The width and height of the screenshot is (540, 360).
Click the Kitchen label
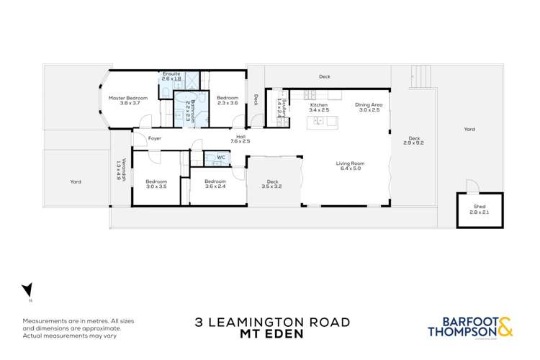[318, 108]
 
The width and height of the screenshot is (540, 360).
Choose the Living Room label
[348, 166]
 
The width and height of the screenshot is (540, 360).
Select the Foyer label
[155, 138]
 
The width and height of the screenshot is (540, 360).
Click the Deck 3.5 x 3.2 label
[272, 184]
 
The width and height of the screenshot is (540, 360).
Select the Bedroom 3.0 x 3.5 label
[156, 184]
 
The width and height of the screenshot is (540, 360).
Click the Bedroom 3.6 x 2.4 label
[215, 184]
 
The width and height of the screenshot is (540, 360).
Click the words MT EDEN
[269, 335]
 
